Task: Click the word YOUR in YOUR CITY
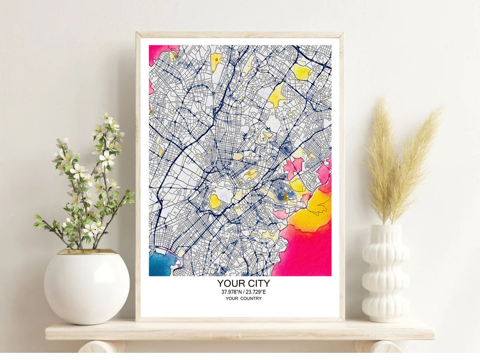pos(230,283)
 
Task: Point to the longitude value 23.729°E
pos(255,292)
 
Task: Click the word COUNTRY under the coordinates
pos(252,299)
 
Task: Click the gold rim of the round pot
pos(87,252)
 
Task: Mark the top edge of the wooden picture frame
pos(240,35)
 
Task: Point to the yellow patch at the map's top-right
pos(301,72)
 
